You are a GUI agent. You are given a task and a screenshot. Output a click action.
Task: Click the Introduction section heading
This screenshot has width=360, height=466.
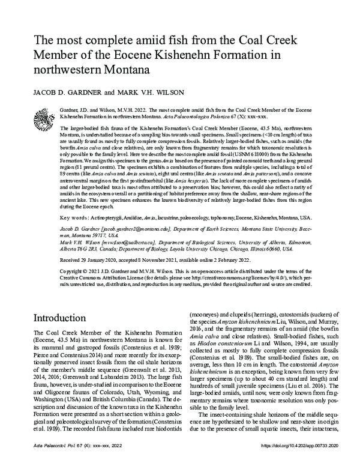click(64, 318)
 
